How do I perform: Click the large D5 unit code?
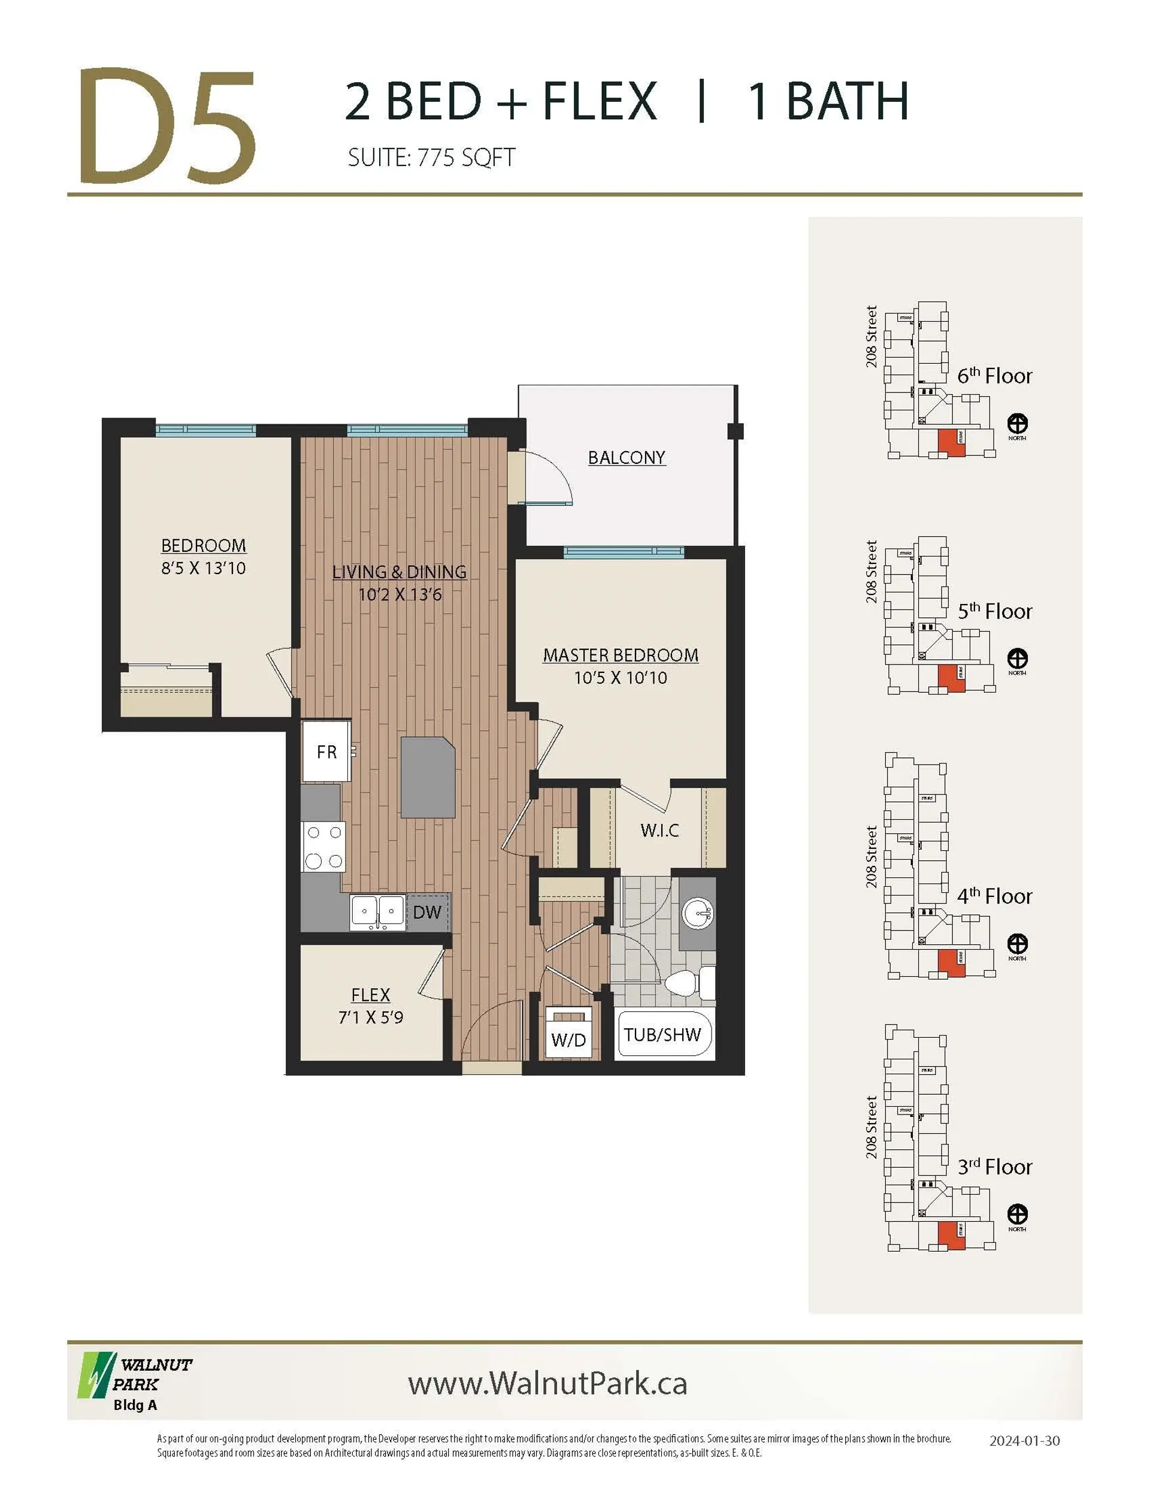point(167,126)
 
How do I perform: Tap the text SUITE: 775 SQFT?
point(431,158)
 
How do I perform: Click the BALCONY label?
point(626,457)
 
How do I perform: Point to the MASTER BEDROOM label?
point(621,655)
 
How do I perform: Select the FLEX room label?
point(370,995)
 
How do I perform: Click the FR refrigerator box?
point(326,751)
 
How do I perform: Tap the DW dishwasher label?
point(426,912)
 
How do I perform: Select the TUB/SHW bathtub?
point(662,1035)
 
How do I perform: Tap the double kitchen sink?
point(377,911)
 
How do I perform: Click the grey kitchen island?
point(428,777)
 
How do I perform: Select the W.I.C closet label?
point(659,830)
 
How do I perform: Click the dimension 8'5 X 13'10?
point(203,568)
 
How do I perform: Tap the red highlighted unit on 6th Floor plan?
point(951,443)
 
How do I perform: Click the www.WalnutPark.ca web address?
point(547,1384)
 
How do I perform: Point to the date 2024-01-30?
point(1024,1440)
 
